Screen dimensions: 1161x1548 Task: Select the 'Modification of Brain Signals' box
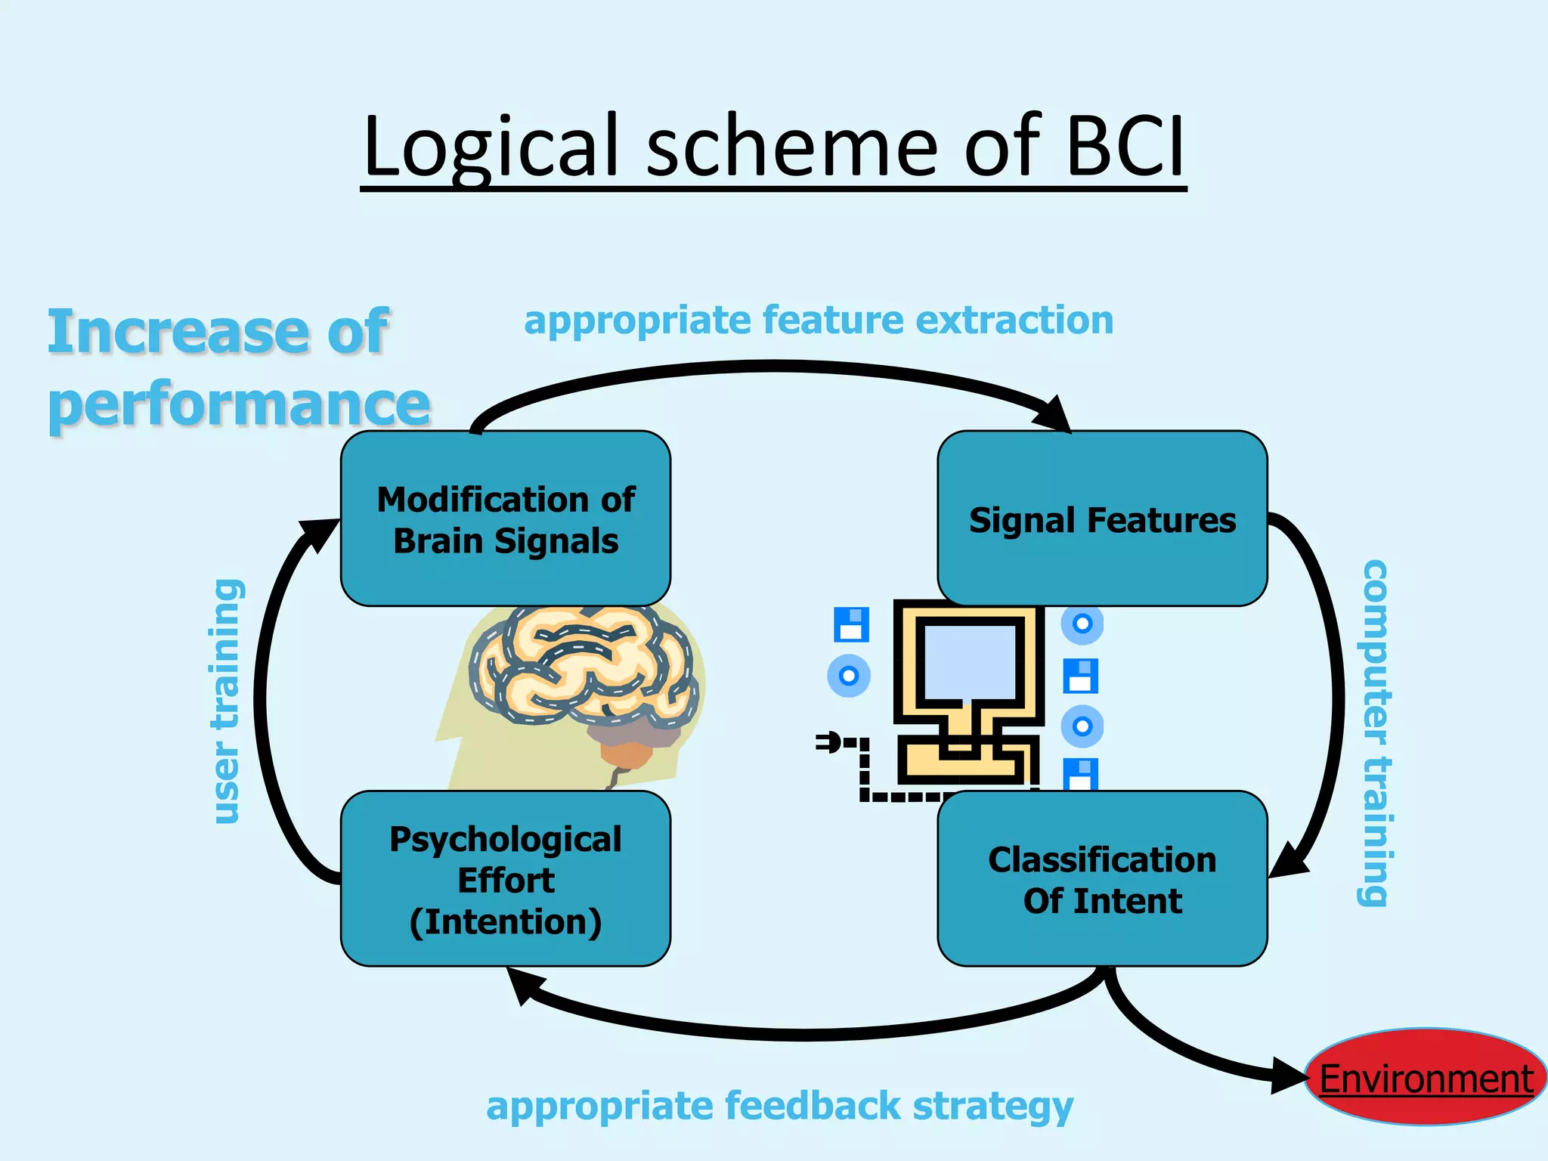tap(505, 519)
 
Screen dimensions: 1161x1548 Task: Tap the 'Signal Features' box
tap(1102, 519)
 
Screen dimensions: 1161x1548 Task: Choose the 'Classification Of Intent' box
tap(1102, 878)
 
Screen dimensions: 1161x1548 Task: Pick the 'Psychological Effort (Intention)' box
tap(505, 878)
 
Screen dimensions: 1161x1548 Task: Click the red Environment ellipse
tap(1426, 1077)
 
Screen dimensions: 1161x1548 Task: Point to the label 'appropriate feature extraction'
tap(819, 320)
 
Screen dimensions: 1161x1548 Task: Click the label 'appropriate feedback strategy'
tap(779, 1106)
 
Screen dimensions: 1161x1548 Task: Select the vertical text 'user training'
tap(227, 701)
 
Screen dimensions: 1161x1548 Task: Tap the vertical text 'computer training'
tap(1375, 732)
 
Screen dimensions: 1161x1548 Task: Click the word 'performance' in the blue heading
tap(239, 403)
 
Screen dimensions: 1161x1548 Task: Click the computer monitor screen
tap(970, 662)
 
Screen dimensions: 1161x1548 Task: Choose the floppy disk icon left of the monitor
tap(851, 624)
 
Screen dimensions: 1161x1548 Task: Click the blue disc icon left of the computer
tap(849, 675)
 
